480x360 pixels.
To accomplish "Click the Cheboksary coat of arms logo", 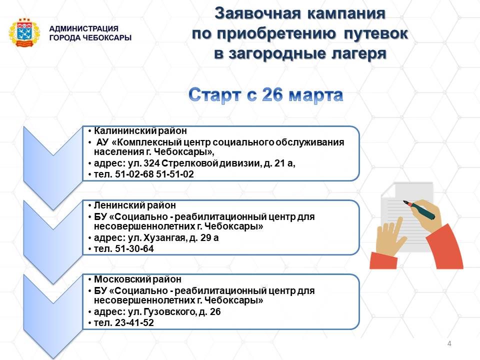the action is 24,33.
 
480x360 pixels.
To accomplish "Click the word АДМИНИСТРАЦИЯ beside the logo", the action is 84,29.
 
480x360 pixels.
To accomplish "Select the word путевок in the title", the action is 376,33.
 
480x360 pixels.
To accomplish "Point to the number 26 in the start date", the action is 272,94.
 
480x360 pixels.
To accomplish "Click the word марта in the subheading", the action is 315,95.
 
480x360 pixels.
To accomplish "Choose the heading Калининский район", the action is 140,131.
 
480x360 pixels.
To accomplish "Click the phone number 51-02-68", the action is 134,174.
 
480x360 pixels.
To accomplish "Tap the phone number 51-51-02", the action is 175,174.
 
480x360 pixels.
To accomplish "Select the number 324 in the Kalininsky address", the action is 151,163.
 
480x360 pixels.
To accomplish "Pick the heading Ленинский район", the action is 134,205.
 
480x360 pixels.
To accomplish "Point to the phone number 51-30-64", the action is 134,248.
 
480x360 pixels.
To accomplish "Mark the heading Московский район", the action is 137,279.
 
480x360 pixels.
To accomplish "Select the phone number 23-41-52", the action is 134,322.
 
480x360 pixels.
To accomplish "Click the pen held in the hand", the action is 419,210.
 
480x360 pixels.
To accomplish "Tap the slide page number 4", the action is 449,343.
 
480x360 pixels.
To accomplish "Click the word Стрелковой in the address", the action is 189,163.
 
